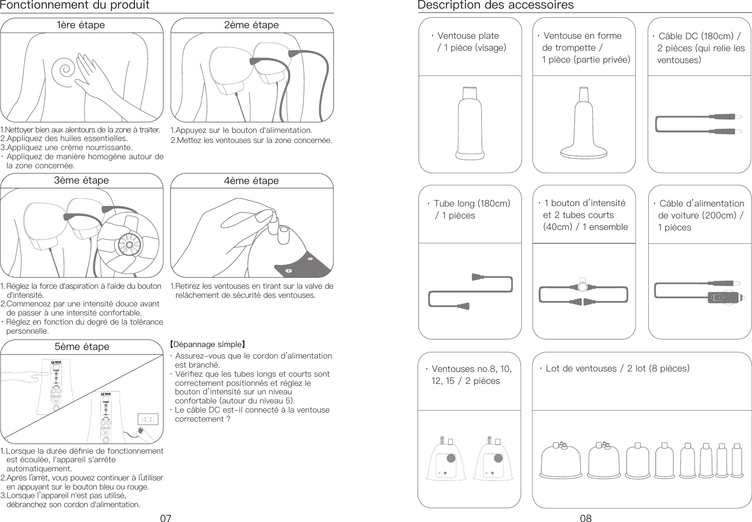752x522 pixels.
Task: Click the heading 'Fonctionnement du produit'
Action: click(x=75, y=6)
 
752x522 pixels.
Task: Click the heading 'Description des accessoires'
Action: click(x=496, y=6)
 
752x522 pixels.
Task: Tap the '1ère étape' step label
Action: click(x=81, y=25)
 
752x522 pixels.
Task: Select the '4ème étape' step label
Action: click(x=251, y=181)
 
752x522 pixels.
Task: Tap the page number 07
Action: click(x=166, y=517)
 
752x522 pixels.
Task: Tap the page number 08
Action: click(x=586, y=517)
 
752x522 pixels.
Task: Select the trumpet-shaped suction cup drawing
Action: click(x=584, y=124)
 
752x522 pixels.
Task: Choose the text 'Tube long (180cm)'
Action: click(x=472, y=204)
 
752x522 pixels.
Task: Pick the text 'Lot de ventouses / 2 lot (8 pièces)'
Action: click(x=617, y=369)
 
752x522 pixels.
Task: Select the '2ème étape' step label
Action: click(x=251, y=25)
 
